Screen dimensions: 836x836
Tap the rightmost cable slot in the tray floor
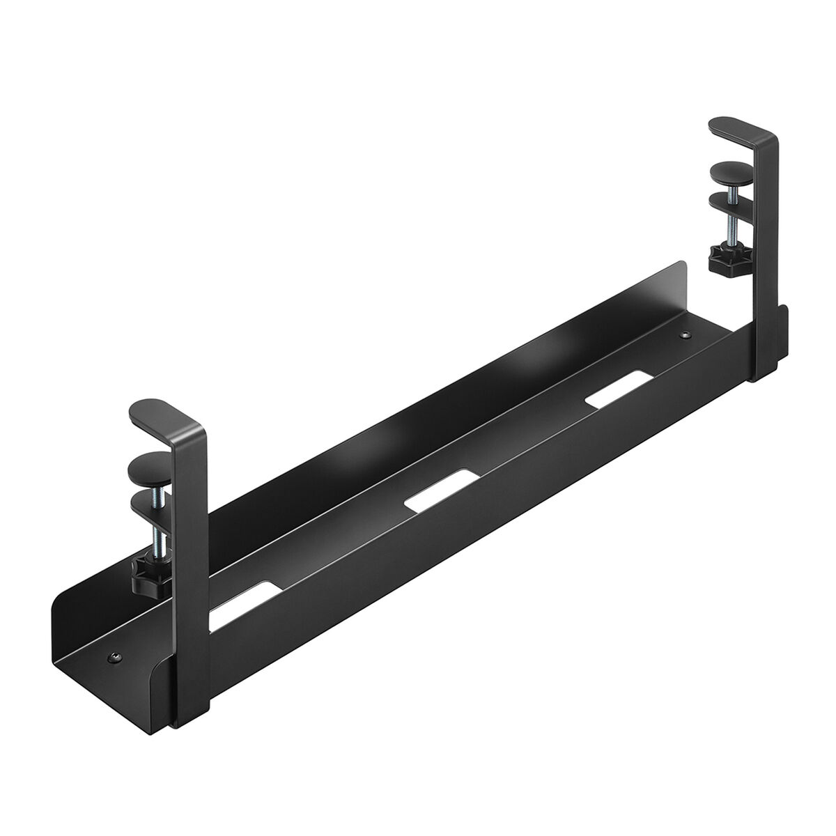tap(613, 393)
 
